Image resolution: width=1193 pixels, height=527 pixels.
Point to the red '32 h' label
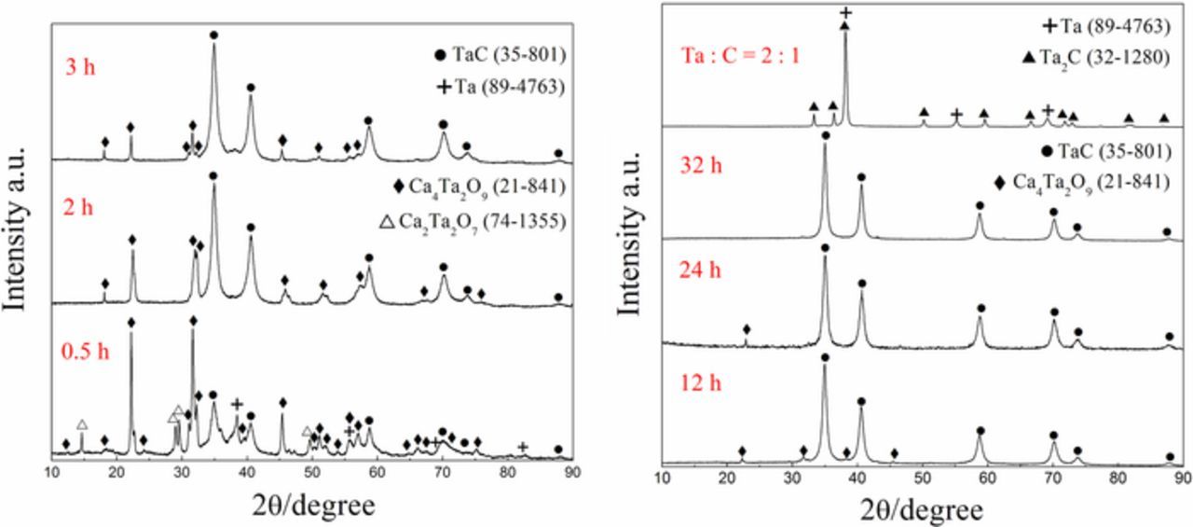(x=699, y=168)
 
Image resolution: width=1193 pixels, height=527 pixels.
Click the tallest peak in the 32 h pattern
(x=825, y=149)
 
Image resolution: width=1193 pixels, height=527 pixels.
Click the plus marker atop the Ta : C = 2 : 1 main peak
(x=845, y=12)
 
